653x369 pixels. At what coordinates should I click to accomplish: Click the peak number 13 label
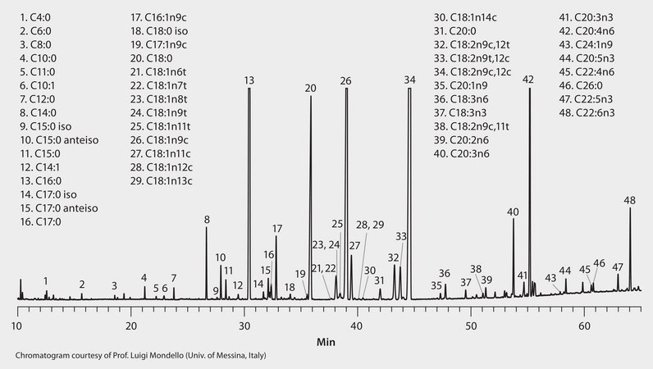click(249, 80)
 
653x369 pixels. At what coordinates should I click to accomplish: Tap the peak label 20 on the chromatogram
click(310, 87)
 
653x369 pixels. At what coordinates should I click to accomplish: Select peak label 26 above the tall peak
click(345, 80)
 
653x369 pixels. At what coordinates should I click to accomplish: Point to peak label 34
click(410, 80)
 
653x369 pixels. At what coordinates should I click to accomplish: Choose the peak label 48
click(629, 200)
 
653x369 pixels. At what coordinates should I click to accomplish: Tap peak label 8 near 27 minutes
click(207, 219)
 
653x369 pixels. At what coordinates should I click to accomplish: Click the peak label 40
click(513, 212)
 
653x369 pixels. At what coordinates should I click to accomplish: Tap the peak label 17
click(277, 228)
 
